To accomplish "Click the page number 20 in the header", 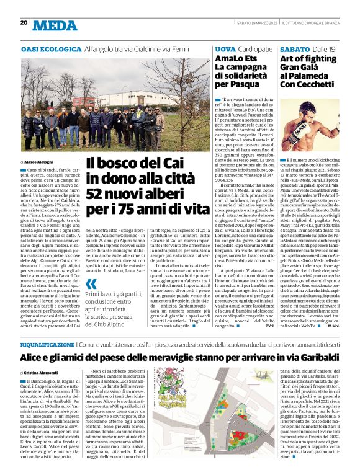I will tap(23, 23).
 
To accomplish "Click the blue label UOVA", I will tap(224, 48).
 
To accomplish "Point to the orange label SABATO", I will tap(295, 48).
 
